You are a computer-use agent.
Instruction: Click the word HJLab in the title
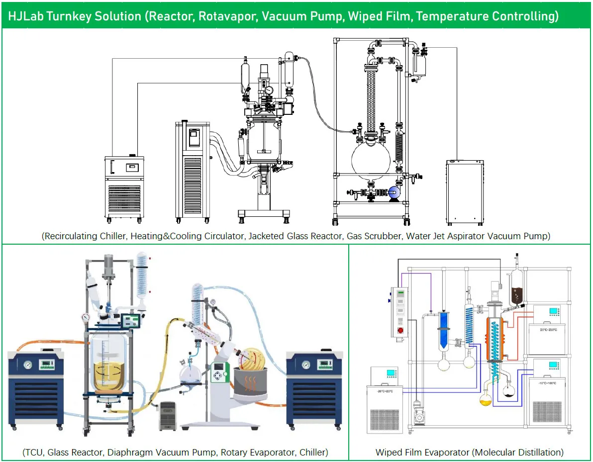24,16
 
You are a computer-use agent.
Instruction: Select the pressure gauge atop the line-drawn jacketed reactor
269,90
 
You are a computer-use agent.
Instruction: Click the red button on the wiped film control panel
399,331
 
